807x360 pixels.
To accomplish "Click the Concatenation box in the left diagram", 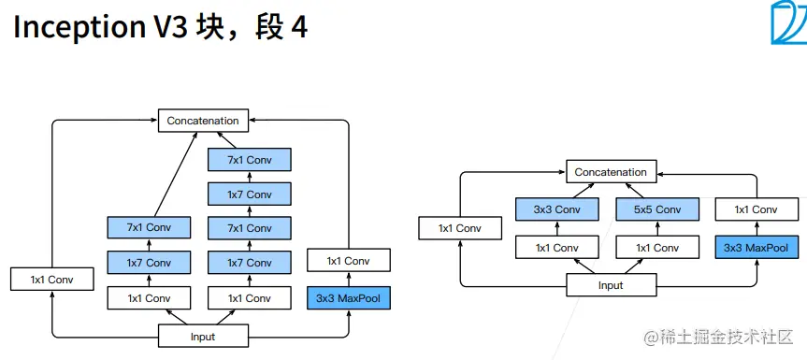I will click(x=203, y=121).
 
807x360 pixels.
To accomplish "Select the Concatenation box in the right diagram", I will click(x=611, y=172).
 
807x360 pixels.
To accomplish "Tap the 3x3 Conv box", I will click(x=556, y=209).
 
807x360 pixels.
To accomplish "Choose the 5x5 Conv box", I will click(x=657, y=209).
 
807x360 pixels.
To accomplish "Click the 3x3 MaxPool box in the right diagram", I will click(x=757, y=248).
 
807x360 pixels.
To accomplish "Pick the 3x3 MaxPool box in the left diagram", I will click(x=349, y=298).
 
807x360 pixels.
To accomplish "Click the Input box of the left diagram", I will click(x=203, y=337).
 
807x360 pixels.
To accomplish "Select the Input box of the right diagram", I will click(x=611, y=285).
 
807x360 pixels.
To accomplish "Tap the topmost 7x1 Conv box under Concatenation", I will click(x=250, y=160).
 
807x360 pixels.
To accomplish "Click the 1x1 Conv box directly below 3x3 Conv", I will click(x=556, y=248).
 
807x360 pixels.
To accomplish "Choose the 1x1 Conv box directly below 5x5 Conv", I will click(x=657, y=248).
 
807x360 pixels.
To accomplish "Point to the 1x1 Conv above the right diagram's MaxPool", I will click(x=757, y=209).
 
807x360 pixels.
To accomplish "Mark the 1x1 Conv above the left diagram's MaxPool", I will click(x=349, y=260).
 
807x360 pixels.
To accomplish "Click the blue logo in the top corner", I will click(x=788, y=22).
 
